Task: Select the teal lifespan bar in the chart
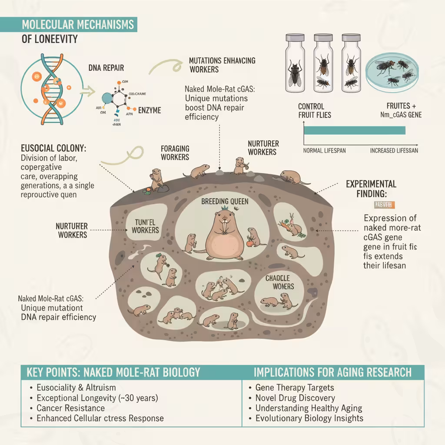tap(354, 130)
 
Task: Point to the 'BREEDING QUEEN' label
tap(224, 202)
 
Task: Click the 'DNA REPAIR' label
tap(106, 68)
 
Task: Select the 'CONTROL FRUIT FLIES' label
tap(315, 110)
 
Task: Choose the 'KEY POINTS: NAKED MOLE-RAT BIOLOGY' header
tap(113, 372)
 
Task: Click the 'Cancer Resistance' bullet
tap(70, 408)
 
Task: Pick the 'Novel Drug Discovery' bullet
tap(295, 398)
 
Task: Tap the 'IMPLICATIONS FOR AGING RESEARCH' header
tap(332, 372)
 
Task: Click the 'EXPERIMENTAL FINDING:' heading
tap(371, 188)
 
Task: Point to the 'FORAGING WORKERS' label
tap(175, 153)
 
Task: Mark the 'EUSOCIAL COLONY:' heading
tap(53, 148)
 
